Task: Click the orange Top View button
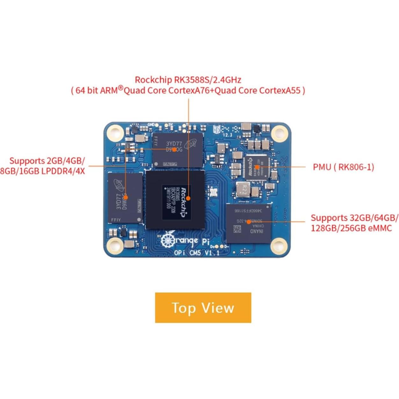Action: (x=203, y=308)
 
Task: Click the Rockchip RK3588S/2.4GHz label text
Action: (x=188, y=79)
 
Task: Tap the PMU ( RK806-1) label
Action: (x=343, y=167)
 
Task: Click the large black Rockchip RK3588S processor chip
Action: (x=175, y=199)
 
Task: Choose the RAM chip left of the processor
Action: (x=125, y=198)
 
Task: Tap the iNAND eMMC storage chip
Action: (x=249, y=223)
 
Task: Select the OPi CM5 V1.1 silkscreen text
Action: (x=196, y=253)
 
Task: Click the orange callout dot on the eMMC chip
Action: (x=249, y=221)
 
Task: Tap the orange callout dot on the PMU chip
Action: (x=257, y=167)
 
